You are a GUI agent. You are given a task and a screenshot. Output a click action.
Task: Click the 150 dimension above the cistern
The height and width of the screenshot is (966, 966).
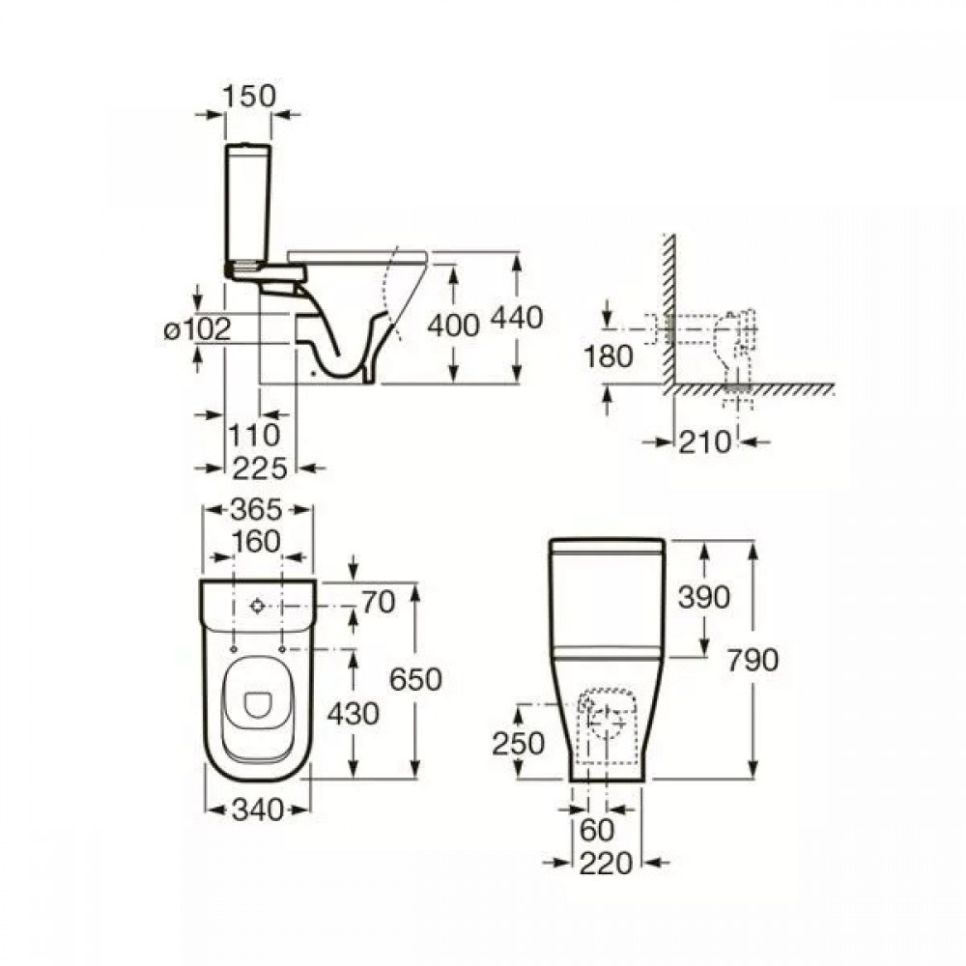click(x=249, y=96)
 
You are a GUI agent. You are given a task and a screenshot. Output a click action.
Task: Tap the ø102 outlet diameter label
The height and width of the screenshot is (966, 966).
click(x=197, y=329)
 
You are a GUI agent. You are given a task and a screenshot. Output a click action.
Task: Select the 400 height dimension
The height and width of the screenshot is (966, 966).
click(x=453, y=325)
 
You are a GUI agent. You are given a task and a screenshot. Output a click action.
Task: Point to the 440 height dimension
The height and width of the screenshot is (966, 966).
click(x=517, y=317)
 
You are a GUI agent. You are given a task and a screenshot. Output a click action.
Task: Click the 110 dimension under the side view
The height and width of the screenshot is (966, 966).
click(x=254, y=435)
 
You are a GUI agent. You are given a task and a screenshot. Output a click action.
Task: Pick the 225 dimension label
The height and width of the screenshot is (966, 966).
click(x=260, y=469)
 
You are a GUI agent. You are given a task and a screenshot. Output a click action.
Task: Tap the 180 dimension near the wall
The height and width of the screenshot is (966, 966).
click(x=608, y=356)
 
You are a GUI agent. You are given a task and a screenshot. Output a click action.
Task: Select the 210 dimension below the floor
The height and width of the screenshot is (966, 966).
click(x=705, y=441)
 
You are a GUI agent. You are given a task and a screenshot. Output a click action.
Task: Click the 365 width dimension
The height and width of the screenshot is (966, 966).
click(x=256, y=509)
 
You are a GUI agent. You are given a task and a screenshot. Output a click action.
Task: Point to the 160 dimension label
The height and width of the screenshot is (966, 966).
click(x=256, y=542)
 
